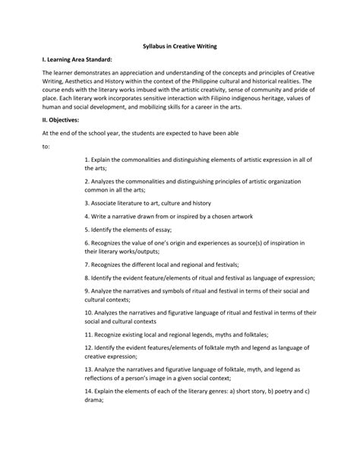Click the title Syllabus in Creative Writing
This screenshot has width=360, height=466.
(180, 46)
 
